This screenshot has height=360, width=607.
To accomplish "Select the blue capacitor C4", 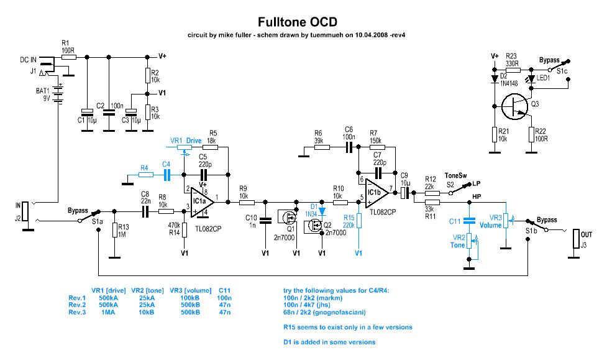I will [x=166, y=175].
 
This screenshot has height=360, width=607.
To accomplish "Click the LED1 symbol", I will [x=530, y=80].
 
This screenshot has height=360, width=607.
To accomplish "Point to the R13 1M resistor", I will [x=114, y=230].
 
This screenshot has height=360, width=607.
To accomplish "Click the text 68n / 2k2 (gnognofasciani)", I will [x=321, y=313].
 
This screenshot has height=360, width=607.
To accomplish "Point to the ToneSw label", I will [x=455, y=175].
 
